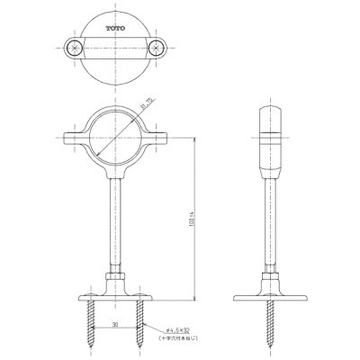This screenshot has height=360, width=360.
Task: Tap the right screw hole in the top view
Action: point(160,46)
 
